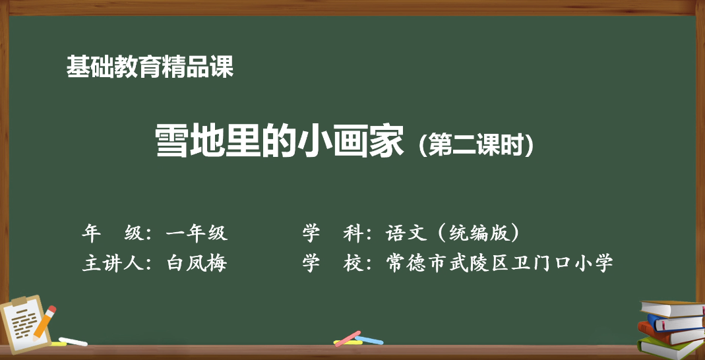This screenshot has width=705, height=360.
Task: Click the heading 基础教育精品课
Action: click(x=150, y=67)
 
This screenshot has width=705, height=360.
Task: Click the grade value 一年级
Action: click(x=197, y=233)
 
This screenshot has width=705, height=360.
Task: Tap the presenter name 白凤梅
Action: click(x=197, y=263)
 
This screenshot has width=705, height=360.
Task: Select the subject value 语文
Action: click(x=406, y=233)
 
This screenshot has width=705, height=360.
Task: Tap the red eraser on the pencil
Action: click(x=51, y=309)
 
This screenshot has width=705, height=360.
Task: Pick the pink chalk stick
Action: click(x=347, y=338)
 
